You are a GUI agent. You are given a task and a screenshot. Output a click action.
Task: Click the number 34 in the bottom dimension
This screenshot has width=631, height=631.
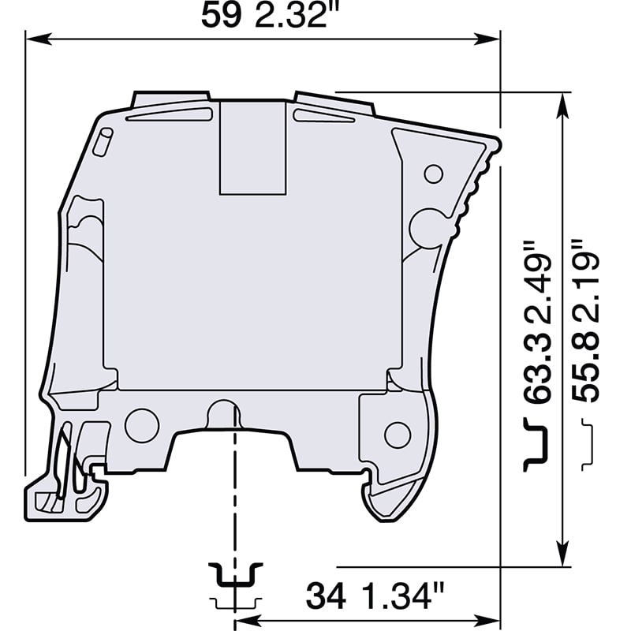tap(325, 596)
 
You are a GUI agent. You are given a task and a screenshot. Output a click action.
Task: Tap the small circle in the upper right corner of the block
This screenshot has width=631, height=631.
tap(433, 174)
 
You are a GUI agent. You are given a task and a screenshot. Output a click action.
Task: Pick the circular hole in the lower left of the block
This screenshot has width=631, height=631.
tap(142, 425)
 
